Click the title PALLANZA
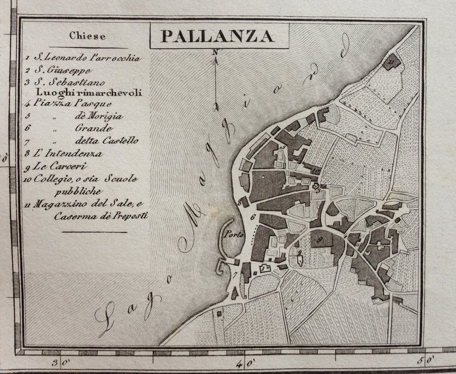tap(217, 37)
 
